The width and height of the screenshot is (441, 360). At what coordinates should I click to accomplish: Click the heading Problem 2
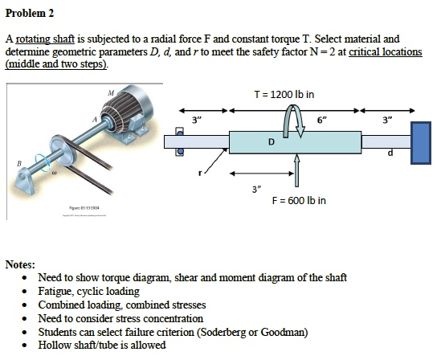[x=31, y=14]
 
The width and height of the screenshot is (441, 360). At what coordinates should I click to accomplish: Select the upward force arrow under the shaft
[x=296, y=169]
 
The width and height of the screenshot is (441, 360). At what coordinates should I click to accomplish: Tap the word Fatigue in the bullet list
[x=55, y=291]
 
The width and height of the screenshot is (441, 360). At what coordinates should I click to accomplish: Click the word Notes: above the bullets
[x=20, y=264]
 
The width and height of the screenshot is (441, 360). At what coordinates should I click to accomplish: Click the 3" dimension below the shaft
[x=255, y=190]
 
